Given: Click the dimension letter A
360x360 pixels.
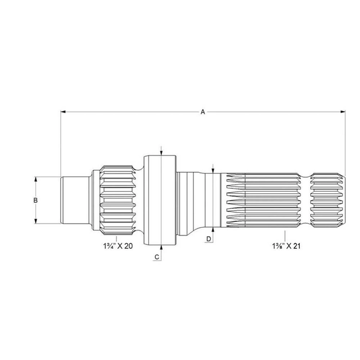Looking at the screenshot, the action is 203,112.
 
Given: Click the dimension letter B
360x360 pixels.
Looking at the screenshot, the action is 35,201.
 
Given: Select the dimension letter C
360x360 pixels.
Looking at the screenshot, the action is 157,257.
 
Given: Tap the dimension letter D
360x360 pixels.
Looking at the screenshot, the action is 209,239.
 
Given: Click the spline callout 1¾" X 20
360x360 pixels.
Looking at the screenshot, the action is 118,246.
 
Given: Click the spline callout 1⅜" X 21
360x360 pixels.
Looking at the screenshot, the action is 286,246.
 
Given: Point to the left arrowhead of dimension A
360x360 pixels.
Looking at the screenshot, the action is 63,112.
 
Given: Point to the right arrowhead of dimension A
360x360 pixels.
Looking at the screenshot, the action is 343,112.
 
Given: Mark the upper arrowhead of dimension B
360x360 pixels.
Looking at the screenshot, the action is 35,179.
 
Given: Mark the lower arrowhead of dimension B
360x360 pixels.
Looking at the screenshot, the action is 35,221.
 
